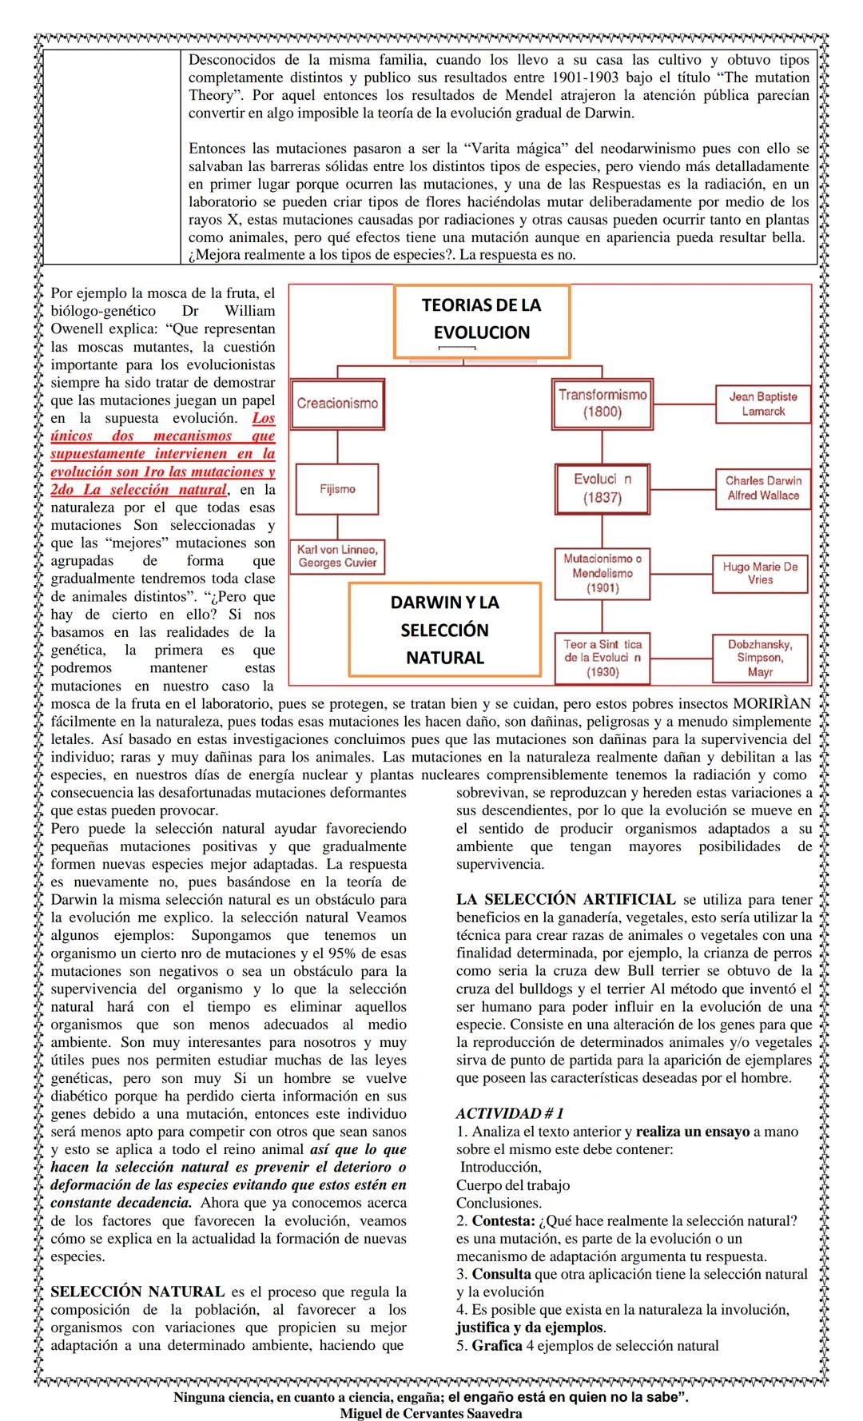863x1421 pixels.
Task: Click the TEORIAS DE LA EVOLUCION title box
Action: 481,319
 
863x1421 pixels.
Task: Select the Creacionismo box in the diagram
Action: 337,404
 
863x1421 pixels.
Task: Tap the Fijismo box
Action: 337,489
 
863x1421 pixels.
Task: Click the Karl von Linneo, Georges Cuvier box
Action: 337,555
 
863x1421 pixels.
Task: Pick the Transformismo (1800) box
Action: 603,404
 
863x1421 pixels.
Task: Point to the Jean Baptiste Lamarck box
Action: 763,404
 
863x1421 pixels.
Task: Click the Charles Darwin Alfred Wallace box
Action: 763,488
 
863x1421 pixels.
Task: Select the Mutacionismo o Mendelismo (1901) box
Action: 603,573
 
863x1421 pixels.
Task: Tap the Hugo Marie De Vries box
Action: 760,573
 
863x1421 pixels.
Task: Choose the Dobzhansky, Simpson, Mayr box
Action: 760,658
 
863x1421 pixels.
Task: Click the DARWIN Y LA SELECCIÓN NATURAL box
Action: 444,630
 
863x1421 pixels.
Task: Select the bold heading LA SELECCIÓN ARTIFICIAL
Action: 566,900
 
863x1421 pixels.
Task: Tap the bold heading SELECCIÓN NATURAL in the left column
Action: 137,1292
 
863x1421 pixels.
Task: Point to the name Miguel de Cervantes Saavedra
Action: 431,1413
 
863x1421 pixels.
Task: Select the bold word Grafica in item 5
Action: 496,1345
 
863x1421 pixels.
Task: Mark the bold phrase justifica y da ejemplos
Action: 529,1327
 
